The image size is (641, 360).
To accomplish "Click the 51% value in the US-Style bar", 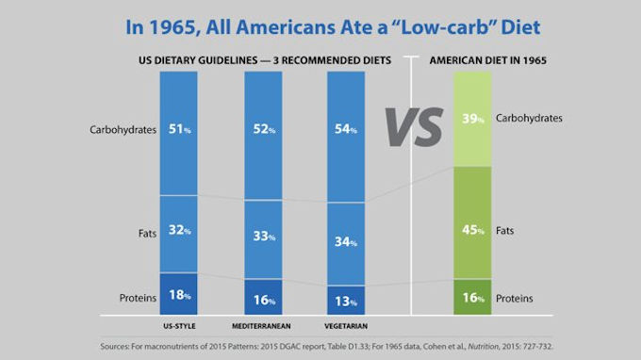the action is click(x=179, y=129).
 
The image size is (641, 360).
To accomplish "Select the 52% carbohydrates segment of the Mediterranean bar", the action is click(x=263, y=136).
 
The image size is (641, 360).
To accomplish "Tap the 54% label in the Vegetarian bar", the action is click(x=346, y=129).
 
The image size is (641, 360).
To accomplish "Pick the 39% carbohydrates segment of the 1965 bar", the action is click(x=472, y=119).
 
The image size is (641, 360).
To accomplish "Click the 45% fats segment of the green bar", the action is click(x=472, y=222).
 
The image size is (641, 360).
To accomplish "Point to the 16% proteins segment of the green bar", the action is click(x=472, y=297).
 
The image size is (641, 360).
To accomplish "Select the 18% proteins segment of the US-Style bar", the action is click(x=179, y=294).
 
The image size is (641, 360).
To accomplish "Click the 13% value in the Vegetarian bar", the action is click(x=346, y=302).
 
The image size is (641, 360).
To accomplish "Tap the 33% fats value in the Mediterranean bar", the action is click(x=264, y=237).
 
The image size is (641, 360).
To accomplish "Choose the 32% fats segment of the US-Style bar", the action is click(x=179, y=234).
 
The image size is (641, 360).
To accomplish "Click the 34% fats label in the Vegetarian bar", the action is click(x=346, y=242).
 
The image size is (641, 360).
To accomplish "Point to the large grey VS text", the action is click(x=414, y=127).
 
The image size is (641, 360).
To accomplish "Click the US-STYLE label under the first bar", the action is click(x=179, y=326).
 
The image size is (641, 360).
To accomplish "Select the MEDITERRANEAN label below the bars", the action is click(x=261, y=326).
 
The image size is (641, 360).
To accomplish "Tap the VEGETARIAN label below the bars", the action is click(x=346, y=326).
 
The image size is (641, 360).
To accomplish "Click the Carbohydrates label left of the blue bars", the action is click(x=123, y=130).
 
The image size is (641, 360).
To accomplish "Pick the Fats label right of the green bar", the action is click(x=504, y=231).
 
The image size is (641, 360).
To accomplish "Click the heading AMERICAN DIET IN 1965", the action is click(x=487, y=60).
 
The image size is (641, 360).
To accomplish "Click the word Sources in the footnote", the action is click(x=114, y=347).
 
